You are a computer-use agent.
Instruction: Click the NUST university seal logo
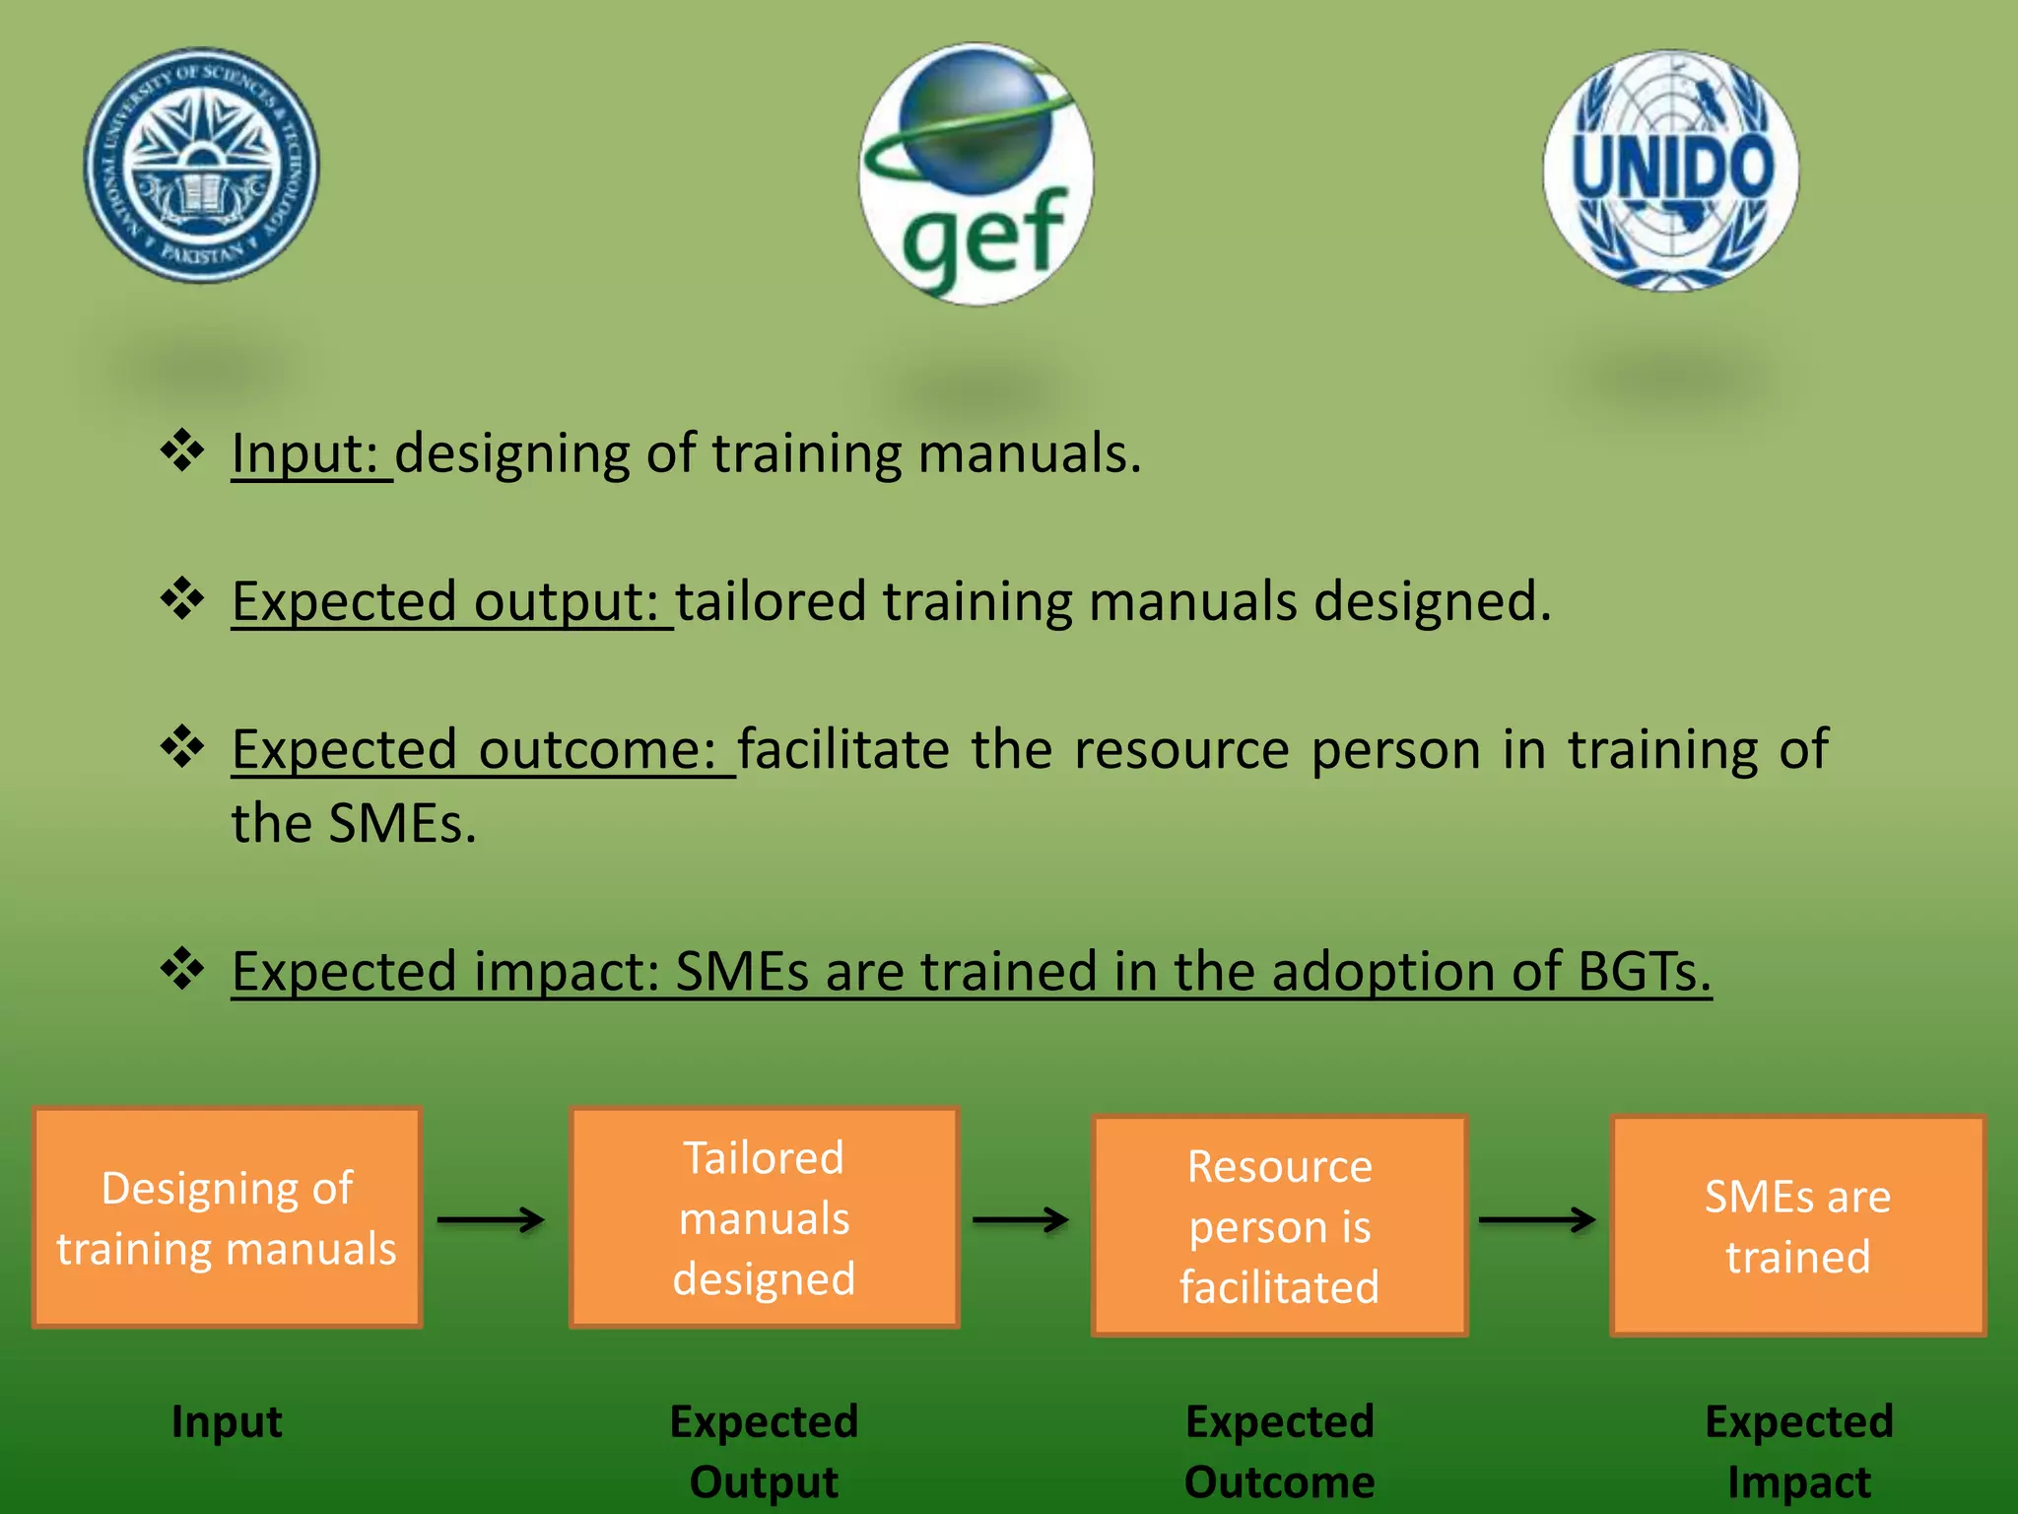click(202, 166)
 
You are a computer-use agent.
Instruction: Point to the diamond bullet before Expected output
click(182, 598)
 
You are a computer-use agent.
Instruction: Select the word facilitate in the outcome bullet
click(842, 750)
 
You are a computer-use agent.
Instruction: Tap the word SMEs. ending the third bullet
click(402, 824)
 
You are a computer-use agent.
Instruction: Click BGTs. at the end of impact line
click(1644, 972)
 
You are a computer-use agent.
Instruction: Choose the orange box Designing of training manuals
click(227, 1218)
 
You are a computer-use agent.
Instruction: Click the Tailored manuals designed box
click(764, 1218)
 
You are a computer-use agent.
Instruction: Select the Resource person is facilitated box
click(1279, 1226)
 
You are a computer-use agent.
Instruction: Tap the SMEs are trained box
click(1797, 1226)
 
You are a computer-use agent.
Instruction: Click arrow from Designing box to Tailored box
click(491, 1220)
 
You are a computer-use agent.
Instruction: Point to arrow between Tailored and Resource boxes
click(1021, 1220)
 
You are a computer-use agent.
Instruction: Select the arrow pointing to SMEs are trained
click(1537, 1220)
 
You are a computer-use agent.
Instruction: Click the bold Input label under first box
click(227, 1421)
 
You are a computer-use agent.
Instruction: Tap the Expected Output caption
click(764, 1451)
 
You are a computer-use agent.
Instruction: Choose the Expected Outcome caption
click(1279, 1451)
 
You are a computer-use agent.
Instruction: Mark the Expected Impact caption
click(1798, 1451)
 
